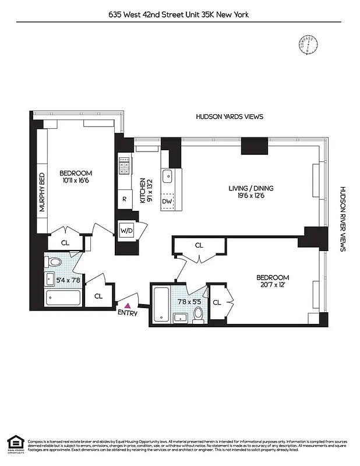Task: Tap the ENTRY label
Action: point(128,313)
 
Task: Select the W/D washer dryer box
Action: point(126,230)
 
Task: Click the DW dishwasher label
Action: point(167,201)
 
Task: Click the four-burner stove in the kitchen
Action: point(124,166)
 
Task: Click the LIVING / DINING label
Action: point(250,192)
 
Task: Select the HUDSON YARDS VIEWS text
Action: point(229,116)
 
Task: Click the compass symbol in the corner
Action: point(307,46)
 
